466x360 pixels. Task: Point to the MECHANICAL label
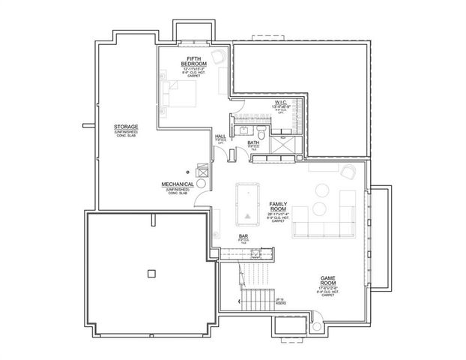(x=178, y=184)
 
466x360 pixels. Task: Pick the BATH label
(x=253, y=142)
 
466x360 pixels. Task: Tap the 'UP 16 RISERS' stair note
(x=279, y=301)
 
